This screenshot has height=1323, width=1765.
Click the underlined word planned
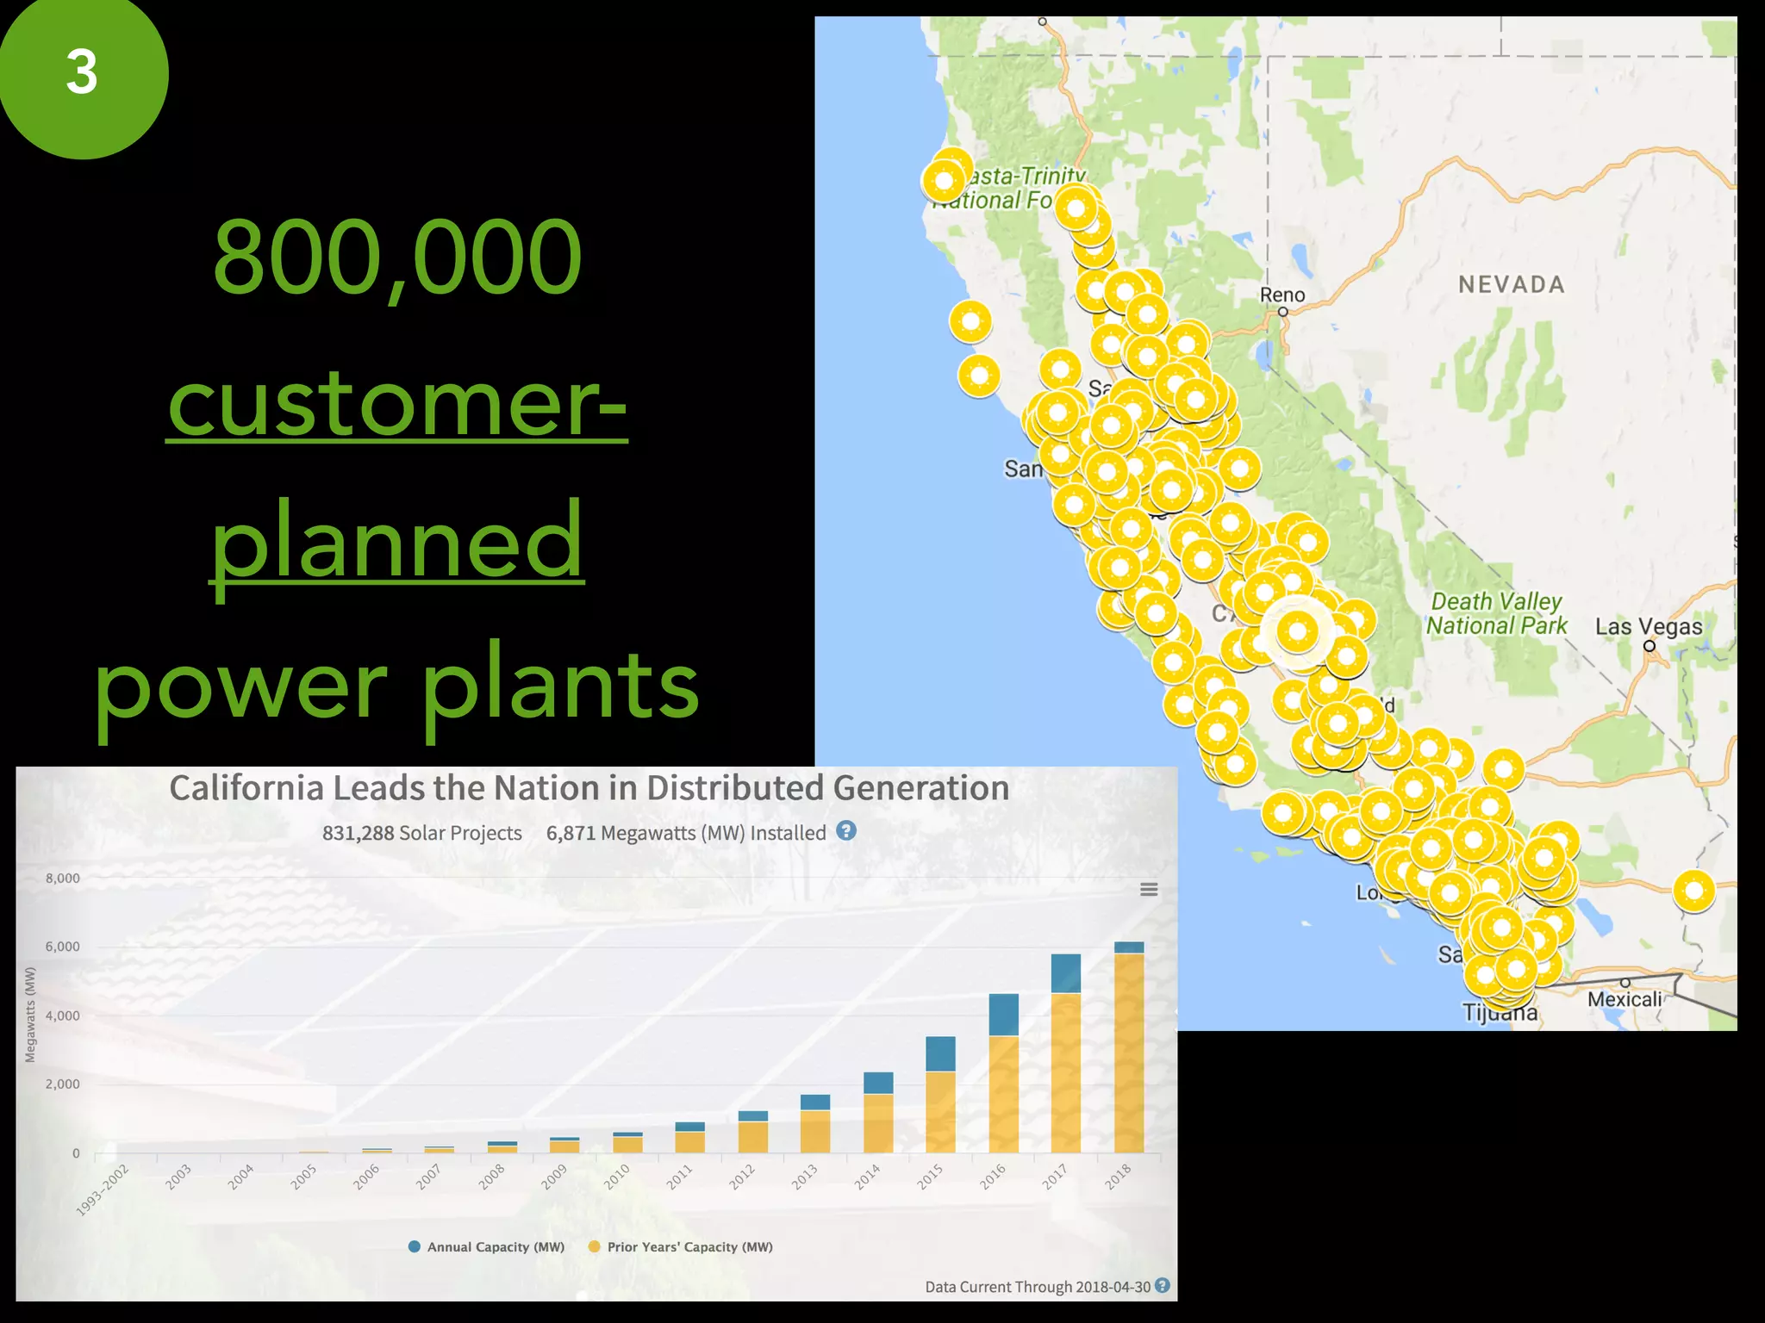point(397,541)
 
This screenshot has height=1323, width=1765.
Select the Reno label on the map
point(1282,295)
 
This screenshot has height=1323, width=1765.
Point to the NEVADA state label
point(1511,284)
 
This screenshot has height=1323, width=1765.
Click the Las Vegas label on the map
point(1648,627)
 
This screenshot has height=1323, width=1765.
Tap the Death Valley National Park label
point(1496,613)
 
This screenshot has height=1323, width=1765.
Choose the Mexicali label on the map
point(1625,999)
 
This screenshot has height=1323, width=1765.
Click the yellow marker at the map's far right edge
point(1693,891)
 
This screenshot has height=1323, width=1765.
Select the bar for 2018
point(1129,1047)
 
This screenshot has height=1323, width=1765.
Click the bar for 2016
point(1003,1072)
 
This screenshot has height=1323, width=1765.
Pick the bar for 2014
point(878,1112)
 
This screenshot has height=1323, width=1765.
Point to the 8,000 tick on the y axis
point(62,879)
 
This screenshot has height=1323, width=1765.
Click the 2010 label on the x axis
point(616,1177)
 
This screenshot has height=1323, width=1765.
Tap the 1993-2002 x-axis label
point(103,1189)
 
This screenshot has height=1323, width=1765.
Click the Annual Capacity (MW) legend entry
point(487,1246)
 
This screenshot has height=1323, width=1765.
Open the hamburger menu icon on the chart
point(1149,890)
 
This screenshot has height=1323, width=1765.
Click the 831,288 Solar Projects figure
point(421,833)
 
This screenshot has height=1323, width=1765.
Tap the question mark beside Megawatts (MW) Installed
point(846,831)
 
